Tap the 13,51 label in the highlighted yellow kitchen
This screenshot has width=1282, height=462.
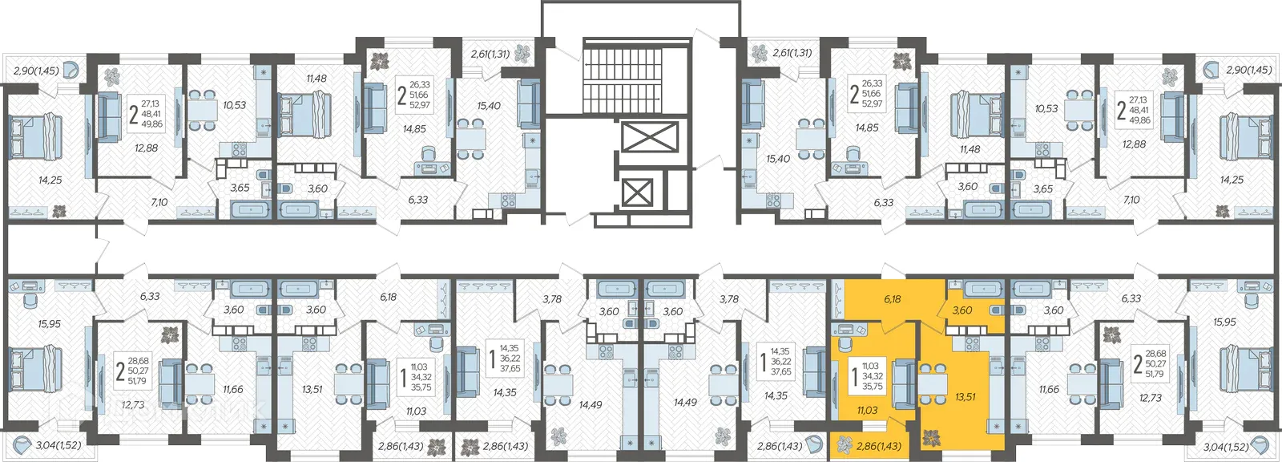pos(966,397)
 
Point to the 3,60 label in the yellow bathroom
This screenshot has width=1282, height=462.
pos(961,310)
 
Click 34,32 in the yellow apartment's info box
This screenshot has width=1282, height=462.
pos(874,376)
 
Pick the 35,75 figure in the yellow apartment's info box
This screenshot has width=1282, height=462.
pos(874,387)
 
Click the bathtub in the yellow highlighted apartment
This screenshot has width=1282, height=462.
pos(984,289)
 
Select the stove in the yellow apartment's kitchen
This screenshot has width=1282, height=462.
pos(972,343)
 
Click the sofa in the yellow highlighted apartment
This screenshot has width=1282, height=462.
pos(904,381)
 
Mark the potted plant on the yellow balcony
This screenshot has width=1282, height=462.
pos(845,445)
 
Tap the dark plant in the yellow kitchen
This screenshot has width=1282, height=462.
pos(930,439)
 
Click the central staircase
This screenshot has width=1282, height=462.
pos(622,75)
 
